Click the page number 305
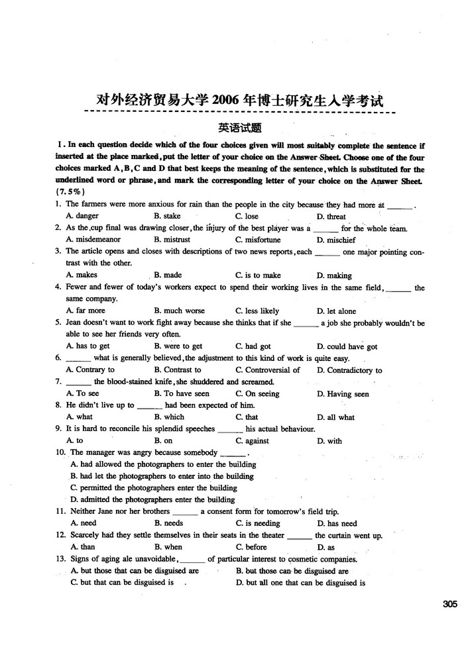tap(449, 603)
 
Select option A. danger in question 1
tap(82, 216)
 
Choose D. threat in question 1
tap(331, 217)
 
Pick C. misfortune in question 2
tap(258, 240)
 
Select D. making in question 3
tap(334, 275)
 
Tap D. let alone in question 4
tap(336, 311)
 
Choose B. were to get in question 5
tap(178, 346)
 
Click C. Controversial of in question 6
tap(268, 370)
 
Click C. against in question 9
tap(252, 440)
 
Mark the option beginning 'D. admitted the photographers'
tap(152, 499)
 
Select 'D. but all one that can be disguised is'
tap(300, 583)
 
